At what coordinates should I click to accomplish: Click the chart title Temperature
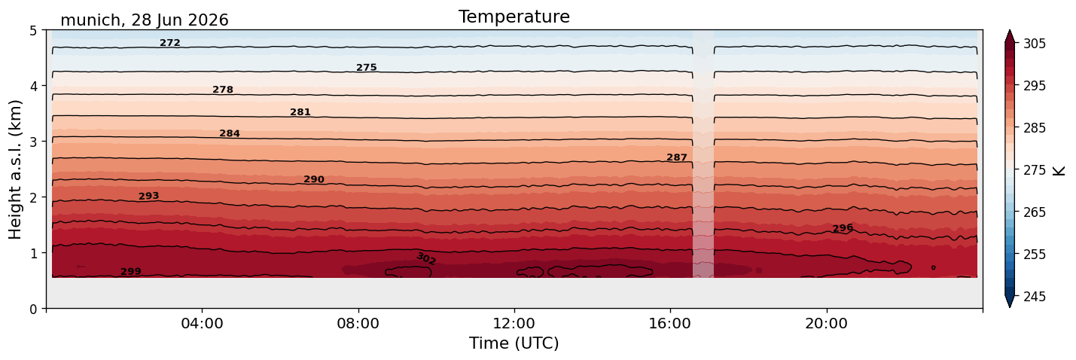tap(514, 17)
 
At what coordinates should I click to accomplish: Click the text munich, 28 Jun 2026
tap(145, 20)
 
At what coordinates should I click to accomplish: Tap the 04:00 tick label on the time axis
tap(203, 323)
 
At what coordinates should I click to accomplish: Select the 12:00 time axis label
tap(514, 323)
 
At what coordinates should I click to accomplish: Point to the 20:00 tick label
tap(826, 323)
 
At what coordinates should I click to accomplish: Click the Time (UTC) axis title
tap(514, 343)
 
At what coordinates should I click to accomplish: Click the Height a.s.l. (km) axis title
tap(15, 169)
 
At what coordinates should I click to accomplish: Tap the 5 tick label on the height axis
tap(33, 31)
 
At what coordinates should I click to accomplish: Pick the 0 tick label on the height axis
tap(33, 309)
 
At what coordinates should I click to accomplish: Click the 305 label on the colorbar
tap(1034, 44)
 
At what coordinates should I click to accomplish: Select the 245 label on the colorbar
tap(1034, 297)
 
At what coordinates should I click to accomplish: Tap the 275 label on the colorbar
tap(1034, 170)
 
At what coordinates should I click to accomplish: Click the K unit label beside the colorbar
tap(1058, 170)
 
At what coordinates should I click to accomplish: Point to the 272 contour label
tap(170, 43)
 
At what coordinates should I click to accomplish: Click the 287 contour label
tap(677, 157)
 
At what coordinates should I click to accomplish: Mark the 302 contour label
tap(426, 258)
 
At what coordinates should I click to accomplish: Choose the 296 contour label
tap(843, 227)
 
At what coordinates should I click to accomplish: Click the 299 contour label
tap(131, 272)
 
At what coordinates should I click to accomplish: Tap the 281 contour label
tap(300, 112)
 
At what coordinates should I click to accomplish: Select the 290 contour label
tap(314, 179)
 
